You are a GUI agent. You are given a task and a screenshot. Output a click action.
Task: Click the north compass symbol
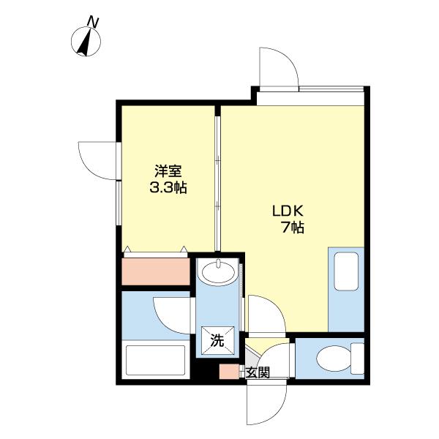click(87, 42)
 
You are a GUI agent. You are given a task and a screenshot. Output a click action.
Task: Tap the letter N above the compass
click(93, 21)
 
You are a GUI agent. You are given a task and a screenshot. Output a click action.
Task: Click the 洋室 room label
click(168, 172)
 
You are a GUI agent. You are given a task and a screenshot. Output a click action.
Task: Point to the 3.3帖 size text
click(168, 188)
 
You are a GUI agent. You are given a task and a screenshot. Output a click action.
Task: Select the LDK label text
click(288, 211)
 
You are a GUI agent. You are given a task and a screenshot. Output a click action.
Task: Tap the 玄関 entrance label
click(257, 372)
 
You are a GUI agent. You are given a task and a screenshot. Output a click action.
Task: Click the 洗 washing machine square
click(217, 339)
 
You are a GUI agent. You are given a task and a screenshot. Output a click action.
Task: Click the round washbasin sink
click(217, 273)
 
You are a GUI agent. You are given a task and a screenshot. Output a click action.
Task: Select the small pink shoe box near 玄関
click(229, 372)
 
